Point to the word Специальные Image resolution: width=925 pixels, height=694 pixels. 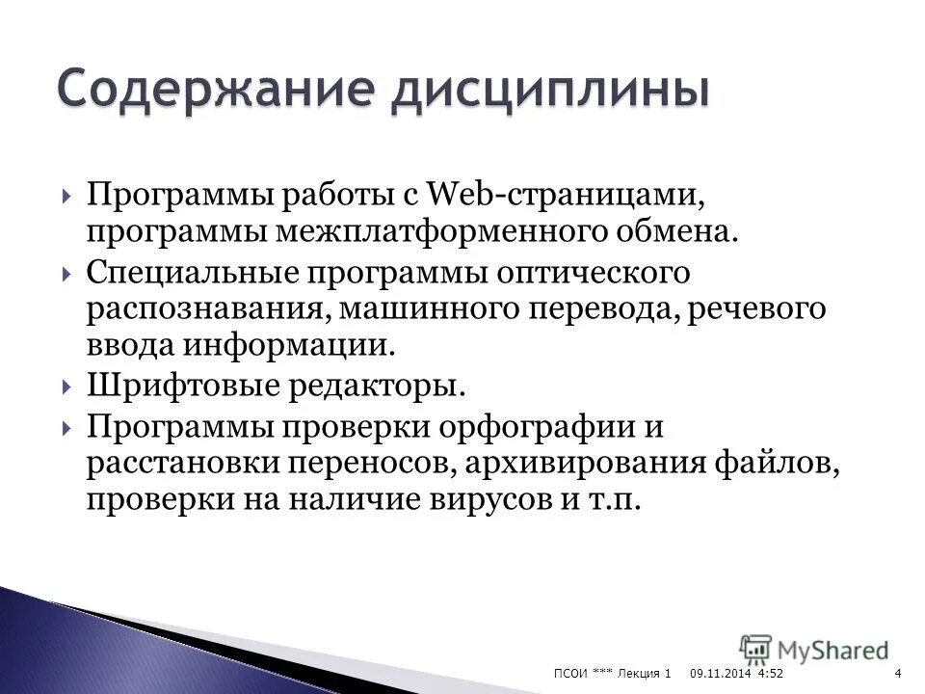pyautogui.click(x=192, y=273)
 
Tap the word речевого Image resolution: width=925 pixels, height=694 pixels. pyautogui.click(x=750, y=308)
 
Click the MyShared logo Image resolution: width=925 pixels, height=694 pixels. pyautogui.click(x=815, y=650)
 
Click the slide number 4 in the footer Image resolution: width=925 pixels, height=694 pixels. pyautogui.click(x=898, y=672)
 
